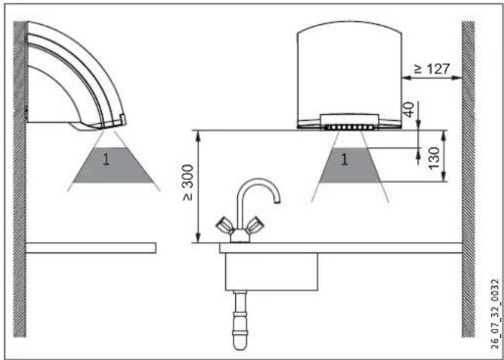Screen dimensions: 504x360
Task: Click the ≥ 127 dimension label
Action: pos(431,69)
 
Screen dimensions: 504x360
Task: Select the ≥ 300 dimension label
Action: pos(188,183)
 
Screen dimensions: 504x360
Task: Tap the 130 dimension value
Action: pos(434,158)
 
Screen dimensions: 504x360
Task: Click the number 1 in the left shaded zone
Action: pos(106,160)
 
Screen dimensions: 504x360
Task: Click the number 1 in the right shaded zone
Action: pos(345,160)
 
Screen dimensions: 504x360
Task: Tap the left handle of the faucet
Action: pos(224,225)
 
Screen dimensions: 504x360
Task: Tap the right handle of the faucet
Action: pos(254,225)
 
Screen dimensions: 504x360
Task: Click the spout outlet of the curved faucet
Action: pos(277,201)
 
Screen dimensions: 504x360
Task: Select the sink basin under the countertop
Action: pos(271,272)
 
